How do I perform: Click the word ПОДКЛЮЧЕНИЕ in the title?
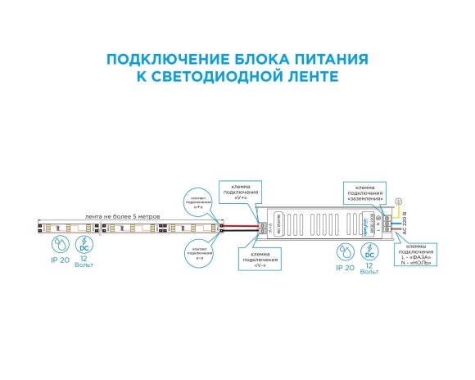click(155, 60)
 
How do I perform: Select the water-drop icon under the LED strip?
click(59, 244)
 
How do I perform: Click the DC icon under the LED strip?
click(84, 244)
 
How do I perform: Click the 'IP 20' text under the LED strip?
click(59, 261)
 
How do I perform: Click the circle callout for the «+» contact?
click(199, 201)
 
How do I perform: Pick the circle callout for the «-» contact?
click(199, 249)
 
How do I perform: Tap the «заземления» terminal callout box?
click(364, 191)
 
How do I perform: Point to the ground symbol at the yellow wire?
click(399, 201)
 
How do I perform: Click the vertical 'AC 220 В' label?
click(405, 224)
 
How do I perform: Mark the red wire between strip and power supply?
click(242, 224)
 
